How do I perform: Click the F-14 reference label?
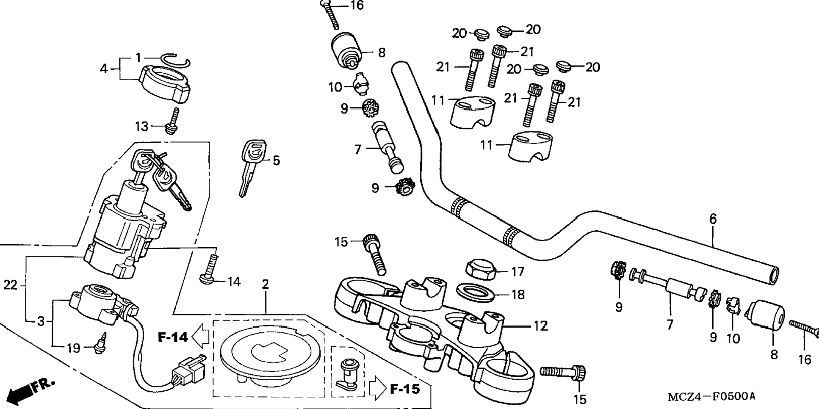173,337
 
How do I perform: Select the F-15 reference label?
405,389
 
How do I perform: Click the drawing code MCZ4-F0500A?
711,397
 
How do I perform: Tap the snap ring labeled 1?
177,61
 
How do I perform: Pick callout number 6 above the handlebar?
713,219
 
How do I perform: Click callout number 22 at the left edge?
10,285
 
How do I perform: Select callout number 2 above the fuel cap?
266,285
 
